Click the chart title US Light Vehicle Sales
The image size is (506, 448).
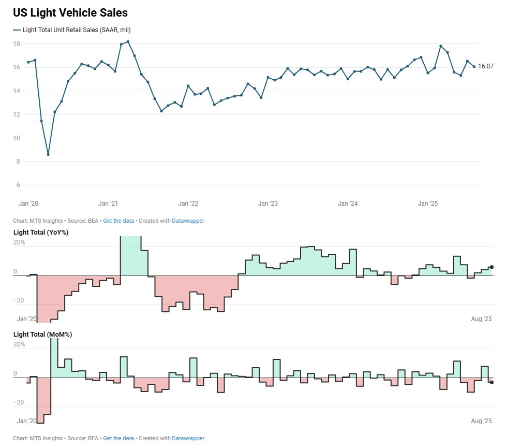tap(70, 13)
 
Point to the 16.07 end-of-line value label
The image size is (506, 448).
tap(485, 66)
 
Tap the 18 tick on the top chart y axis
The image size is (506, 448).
tap(17, 44)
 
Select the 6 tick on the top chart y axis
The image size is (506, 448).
tap(18, 185)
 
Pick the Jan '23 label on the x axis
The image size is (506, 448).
tap(267, 204)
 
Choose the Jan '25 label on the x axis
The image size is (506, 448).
tap(427, 204)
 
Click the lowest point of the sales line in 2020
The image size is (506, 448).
tap(48, 154)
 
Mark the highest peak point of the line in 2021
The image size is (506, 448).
tap(128, 41)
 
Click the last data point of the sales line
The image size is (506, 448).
tap(474, 66)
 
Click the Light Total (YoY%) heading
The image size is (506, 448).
tap(41, 232)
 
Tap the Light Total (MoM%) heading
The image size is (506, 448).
tap(42, 335)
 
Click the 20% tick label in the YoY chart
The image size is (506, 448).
tap(19, 242)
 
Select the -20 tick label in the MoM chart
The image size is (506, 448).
tap(19, 402)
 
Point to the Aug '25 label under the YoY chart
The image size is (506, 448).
tap(481, 319)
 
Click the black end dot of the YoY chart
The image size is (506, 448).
tap(492, 267)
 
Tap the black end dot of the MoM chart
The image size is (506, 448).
tap(492, 382)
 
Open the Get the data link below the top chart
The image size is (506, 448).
tap(118, 221)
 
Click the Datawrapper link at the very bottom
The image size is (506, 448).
tap(188, 438)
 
